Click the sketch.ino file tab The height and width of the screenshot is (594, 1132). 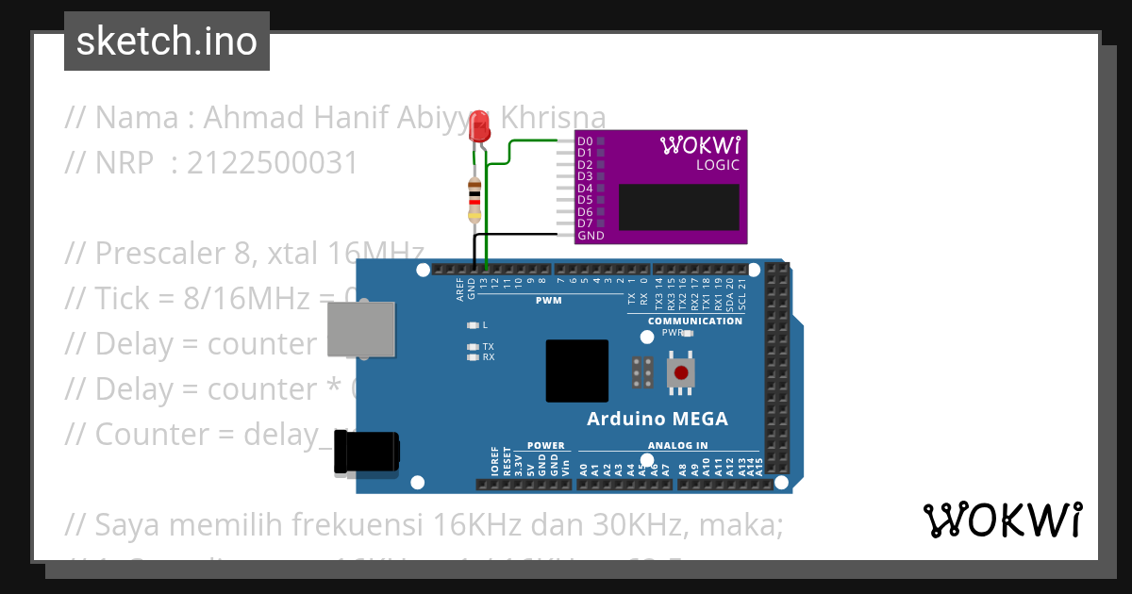pyautogui.click(x=167, y=41)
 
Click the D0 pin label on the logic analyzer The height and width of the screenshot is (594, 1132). pyautogui.click(x=585, y=140)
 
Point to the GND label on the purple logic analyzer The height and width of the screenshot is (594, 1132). pyautogui.click(x=591, y=236)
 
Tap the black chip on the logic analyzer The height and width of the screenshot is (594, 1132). pyautogui.click(x=678, y=206)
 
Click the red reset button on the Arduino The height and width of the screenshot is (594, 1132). pyautogui.click(x=680, y=372)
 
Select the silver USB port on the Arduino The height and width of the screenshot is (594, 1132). pyautogui.click(x=360, y=330)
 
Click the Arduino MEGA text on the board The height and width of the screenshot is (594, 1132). pyautogui.click(x=657, y=419)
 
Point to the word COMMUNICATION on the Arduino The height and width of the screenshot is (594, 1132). pyautogui.click(x=694, y=321)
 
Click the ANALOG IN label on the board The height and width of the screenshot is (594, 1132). pyautogui.click(x=677, y=445)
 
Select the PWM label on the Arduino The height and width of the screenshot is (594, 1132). pyautogui.click(x=548, y=300)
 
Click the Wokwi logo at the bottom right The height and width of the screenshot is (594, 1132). pyautogui.click(x=1002, y=520)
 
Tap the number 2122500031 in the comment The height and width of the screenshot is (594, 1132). pyautogui.click(x=273, y=163)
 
